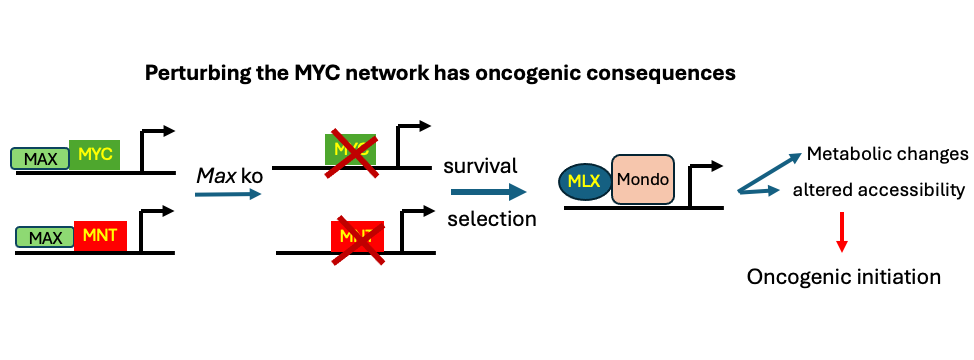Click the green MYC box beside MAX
click(x=95, y=154)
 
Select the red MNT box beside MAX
click(x=100, y=236)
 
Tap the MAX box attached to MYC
click(x=40, y=158)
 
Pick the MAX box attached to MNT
click(x=45, y=237)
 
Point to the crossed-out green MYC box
click(x=350, y=149)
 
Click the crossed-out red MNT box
click(x=357, y=236)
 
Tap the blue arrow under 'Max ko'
click(x=227, y=194)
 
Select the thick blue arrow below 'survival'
click(x=488, y=190)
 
